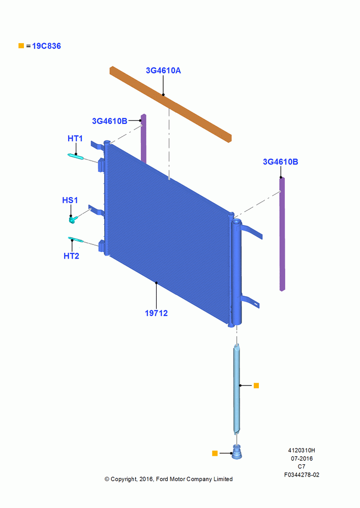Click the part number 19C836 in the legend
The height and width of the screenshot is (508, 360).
[46, 46]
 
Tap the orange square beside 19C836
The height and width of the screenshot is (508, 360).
[21, 46]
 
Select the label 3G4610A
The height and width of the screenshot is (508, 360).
[163, 70]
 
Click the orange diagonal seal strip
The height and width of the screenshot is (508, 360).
[171, 104]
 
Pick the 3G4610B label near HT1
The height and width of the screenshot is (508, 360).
[110, 121]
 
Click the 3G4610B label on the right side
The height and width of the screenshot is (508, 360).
[280, 162]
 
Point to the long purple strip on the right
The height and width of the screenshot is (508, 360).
[282, 234]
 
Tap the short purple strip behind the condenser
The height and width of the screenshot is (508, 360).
[143, 139]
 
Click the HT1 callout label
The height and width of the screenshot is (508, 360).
[75, 139]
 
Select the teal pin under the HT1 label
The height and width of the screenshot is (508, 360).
[76, 156]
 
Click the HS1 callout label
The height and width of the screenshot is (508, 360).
[70, 200]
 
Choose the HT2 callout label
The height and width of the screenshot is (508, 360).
[71, 256]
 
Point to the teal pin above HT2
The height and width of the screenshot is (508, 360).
[76, 239]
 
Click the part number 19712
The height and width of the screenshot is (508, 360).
[156, 313]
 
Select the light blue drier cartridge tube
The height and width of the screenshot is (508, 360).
[237, 389]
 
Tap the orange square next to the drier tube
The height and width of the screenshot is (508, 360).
[256, 386]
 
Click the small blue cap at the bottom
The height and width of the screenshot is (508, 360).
[237, 452]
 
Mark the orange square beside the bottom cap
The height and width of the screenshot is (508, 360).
[215, 453]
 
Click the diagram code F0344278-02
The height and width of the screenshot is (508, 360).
[302, 474]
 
